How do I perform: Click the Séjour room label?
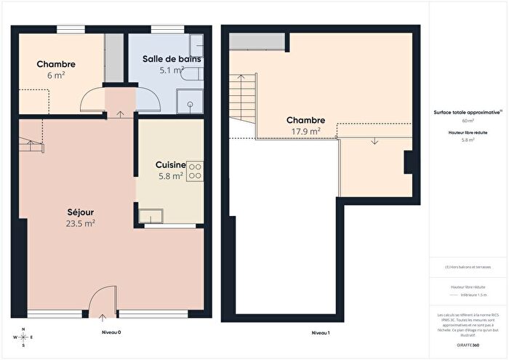(80, 212)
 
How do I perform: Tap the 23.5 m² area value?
(80, 223)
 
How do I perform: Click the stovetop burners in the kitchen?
(195, 171)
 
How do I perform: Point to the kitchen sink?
(151, 215)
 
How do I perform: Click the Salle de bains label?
(172, 59)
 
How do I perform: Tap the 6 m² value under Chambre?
(56, 76)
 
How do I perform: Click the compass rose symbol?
(23, 337)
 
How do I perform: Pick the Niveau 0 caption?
(109, 332)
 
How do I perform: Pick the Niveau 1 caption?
(321, 332)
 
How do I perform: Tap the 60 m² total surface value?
(468, 121)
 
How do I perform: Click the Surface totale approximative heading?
(468, 113)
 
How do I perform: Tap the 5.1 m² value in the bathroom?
(172, 71)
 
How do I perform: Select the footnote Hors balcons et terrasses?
(468, 267)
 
